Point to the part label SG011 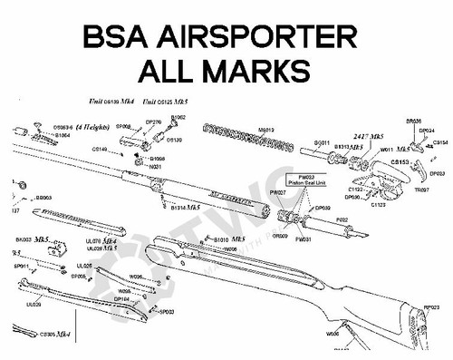(321, 143)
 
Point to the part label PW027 (278, 193)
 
